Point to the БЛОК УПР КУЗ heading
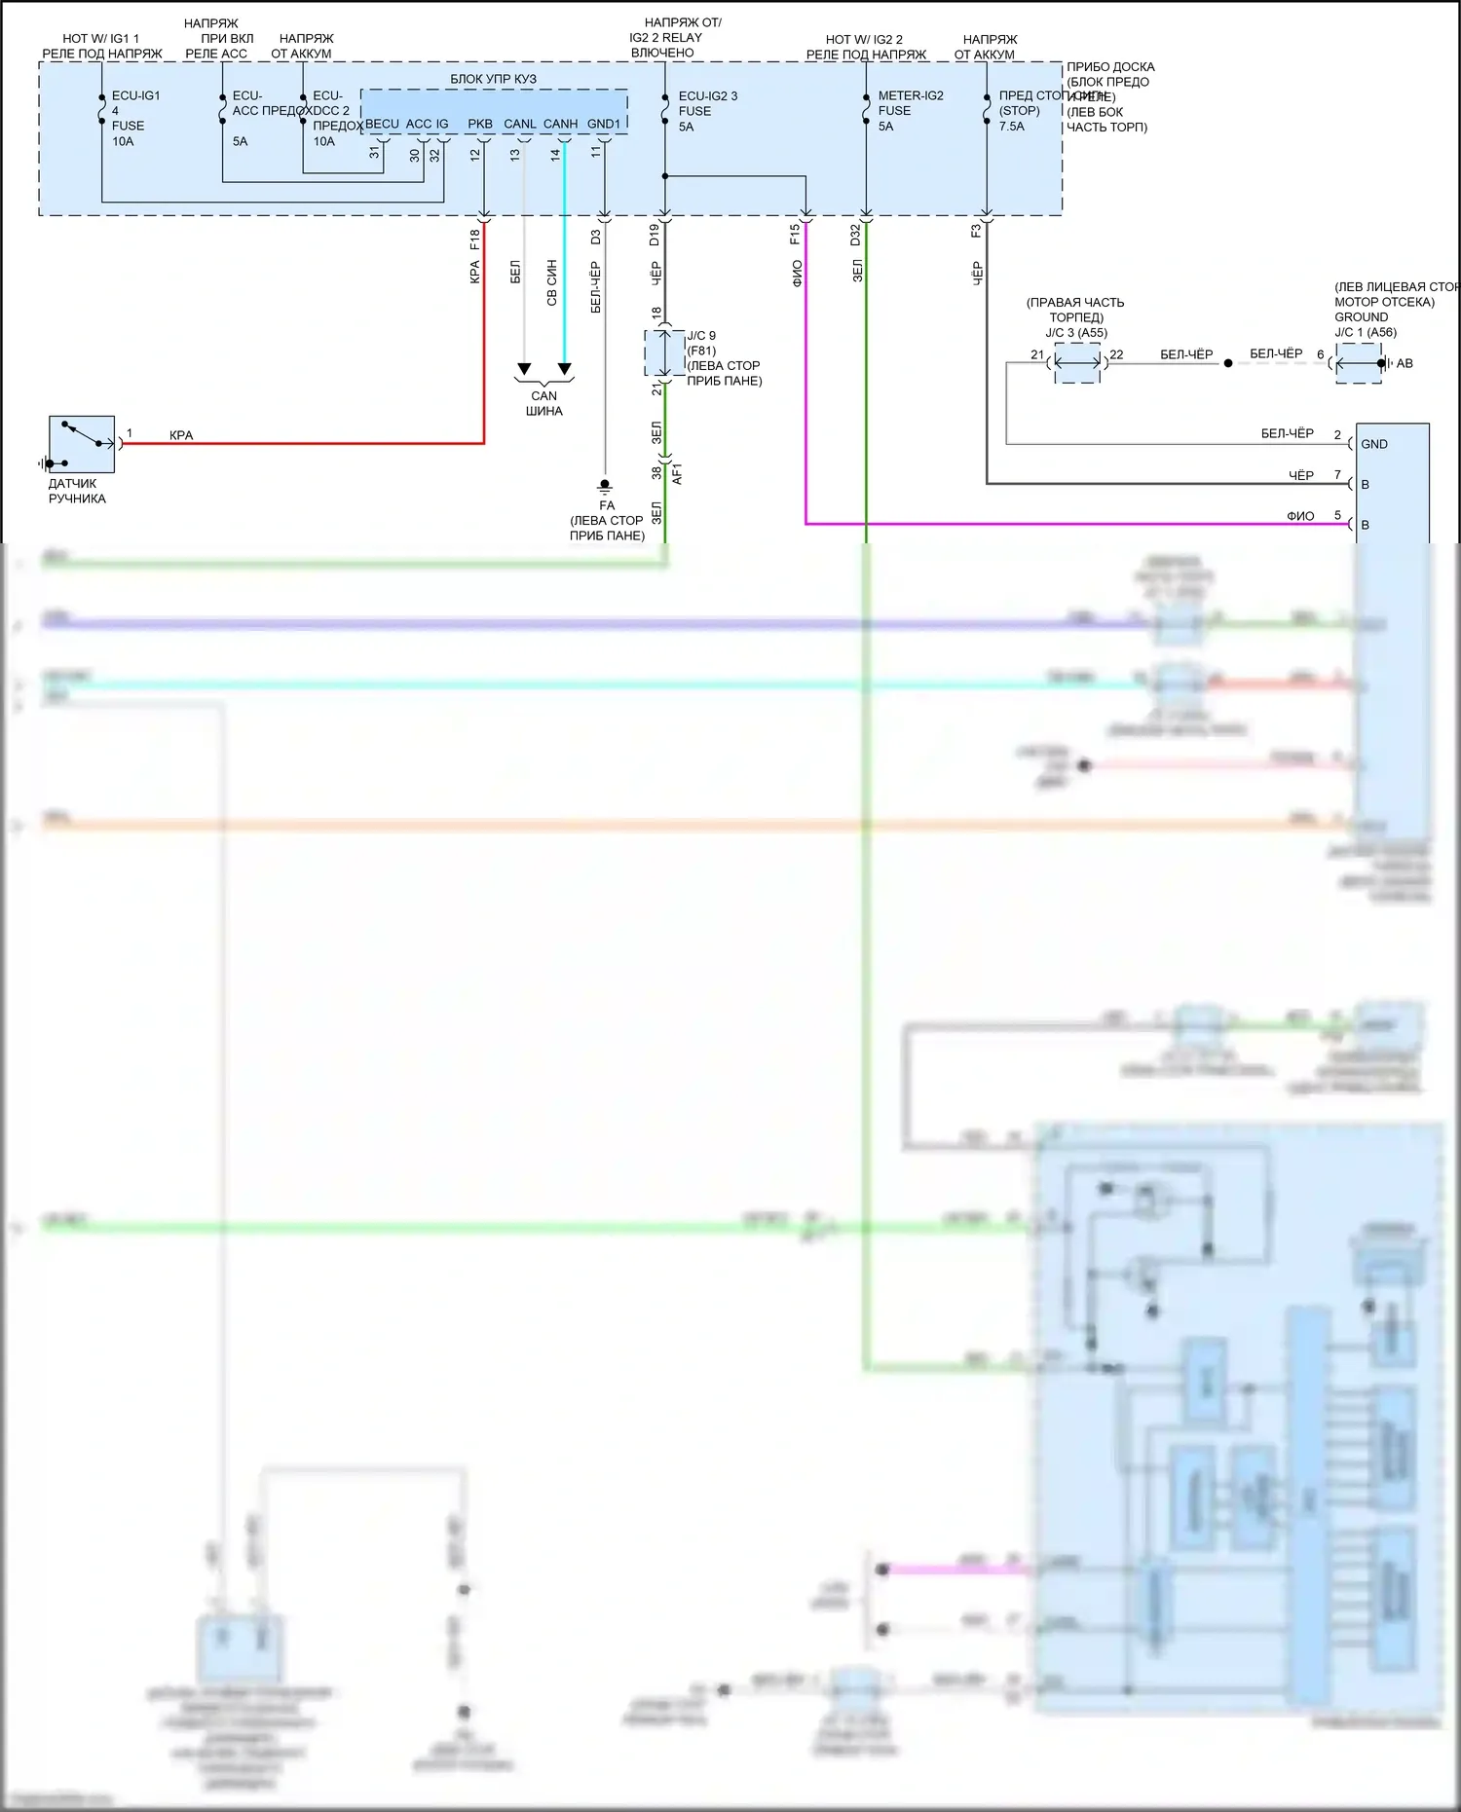point(493,79)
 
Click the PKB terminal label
point(480,124)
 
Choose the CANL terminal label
point(519,124)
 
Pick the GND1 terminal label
point(604,124)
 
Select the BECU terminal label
point(382,124)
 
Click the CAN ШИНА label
point(544,403)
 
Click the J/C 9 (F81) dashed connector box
point(664,352)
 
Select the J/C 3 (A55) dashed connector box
point(1077,362)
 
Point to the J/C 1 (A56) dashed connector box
point(1359,363)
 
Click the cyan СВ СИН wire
point(564,292)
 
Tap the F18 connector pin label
point(474,239)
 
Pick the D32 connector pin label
point(855,235)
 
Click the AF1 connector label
point(677,473)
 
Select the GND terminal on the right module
point(1374,444)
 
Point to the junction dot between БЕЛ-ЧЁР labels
point(1228,363)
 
